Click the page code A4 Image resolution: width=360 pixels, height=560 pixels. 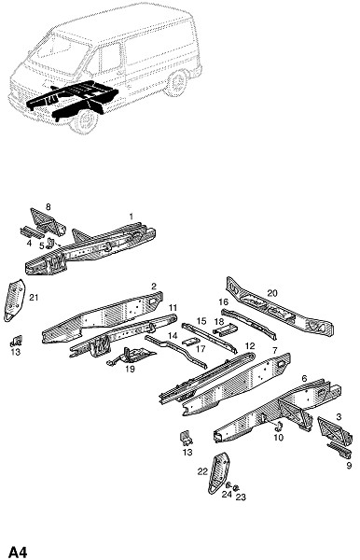point(18,552)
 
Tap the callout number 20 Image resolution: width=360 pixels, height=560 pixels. point(272,293)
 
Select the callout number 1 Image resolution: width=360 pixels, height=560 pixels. point(132,217)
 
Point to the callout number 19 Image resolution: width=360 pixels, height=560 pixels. point(131,369)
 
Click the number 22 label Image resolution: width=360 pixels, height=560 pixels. point(202,471)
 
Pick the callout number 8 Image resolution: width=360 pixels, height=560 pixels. point(48,206)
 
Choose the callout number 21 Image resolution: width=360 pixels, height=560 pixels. point(34,297)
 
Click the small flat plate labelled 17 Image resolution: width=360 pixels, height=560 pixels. point(189,341)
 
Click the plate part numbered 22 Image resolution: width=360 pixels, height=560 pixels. point(218,473)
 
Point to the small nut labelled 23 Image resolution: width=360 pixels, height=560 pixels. point(236,488)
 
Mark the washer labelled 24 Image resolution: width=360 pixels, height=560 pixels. point(228,485)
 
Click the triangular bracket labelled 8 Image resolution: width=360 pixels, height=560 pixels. point(47,222)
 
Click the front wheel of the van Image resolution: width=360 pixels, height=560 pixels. point(85,121)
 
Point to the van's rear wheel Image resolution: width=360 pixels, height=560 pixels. point(176,84)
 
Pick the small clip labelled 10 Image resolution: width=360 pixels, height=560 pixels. point(280,427)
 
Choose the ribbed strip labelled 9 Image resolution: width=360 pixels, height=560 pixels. point(339,451)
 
